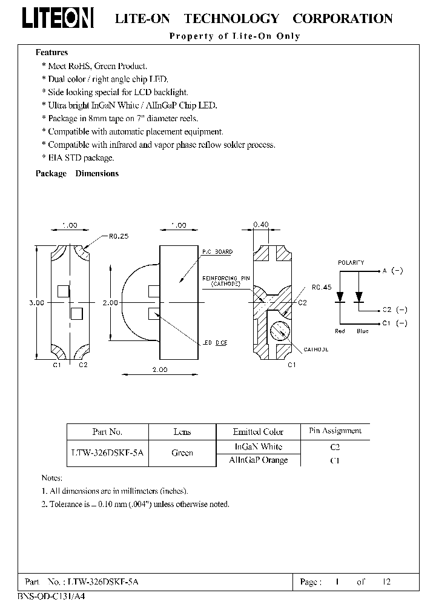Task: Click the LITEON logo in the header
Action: pyautogui.click(x=58, y=18)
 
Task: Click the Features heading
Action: pyautogui.click(x=51, y=53)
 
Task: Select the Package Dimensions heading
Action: pyautogui.click(x=77, y=173)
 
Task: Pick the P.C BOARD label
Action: pyautogui.click(x=217, y=251)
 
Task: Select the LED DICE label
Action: pyautogui.click(x=214, y=343)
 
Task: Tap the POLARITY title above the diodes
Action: pyautogui.click(x=351, y=262)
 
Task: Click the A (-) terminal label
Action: pyautogui.click(x=393, y=271)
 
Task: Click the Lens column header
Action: pyautogui.click(x=182, y=432)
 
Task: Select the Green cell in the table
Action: pyautogui.click(x=182, y=452)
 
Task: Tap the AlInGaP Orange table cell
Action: pyautogui.click(x=258, y=460)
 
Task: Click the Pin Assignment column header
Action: pyautogui.click(x=335, y=431)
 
